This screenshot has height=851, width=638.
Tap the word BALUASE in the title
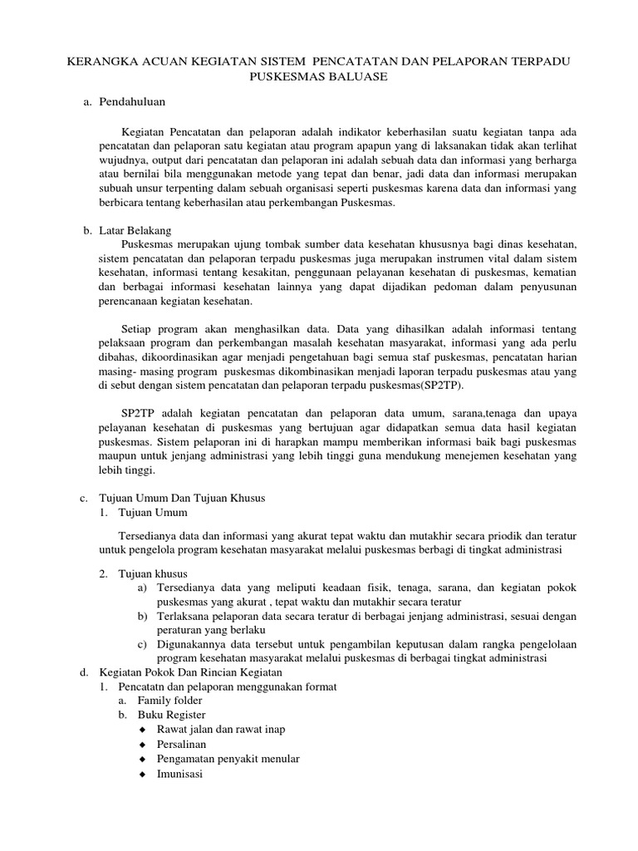pyautogui.click(x=355, y=77)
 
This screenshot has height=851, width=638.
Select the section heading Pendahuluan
pyautogui.click(x=133, y=101)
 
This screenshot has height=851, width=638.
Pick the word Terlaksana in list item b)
pyautogui.click(x=183, y=616)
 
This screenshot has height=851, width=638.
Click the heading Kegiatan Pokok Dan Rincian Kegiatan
pyautogui.click(x=191, y=671)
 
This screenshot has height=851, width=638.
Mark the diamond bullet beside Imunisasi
pyautogui.click(x=143, y=774)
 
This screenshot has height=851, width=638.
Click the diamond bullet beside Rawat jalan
pyautogui.click(x=143, y=730)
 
